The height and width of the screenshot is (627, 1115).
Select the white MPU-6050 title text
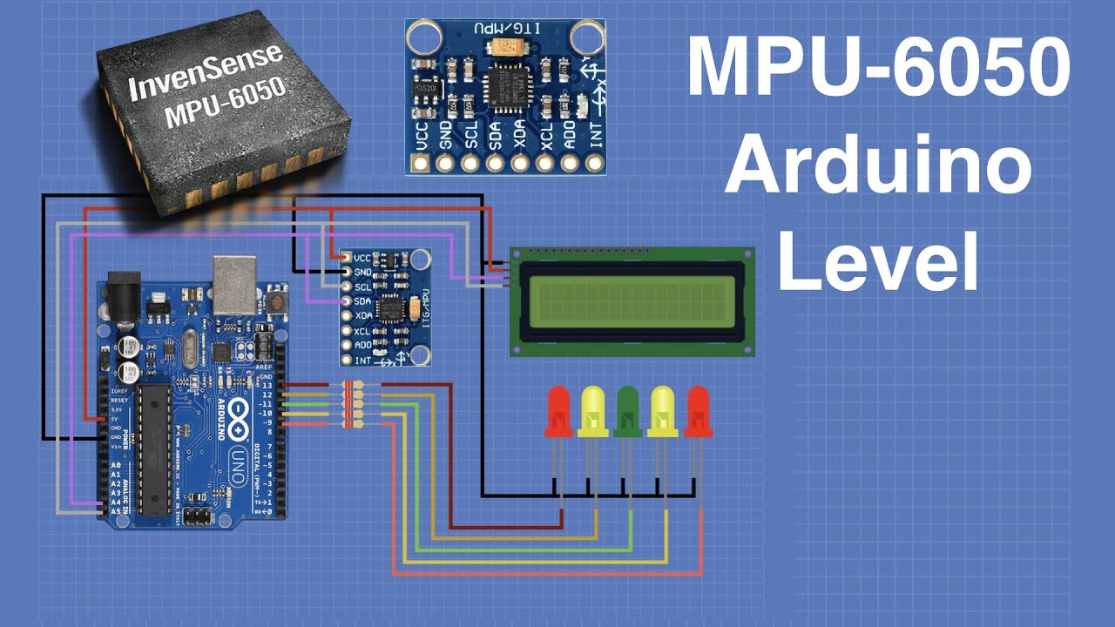click(878, 68)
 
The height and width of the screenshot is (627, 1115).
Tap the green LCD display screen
click(631, 301)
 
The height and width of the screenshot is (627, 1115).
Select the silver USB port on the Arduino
click(234, 284)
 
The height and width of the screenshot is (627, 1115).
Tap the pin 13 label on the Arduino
click(267, 385)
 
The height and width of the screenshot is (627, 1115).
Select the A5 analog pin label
click(115, 512)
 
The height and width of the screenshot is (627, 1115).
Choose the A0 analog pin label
click(115, 466)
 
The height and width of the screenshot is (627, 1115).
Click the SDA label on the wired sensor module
click(363, 300)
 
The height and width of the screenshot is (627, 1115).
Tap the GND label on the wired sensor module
click(363, 272)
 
